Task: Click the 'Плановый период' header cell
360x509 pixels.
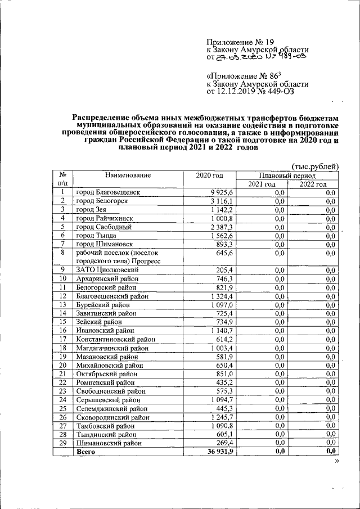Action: [x=287, y=175]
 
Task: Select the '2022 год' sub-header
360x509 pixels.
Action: [x=313, y=184]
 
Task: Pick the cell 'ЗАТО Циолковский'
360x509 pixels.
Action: [x=107, y=269]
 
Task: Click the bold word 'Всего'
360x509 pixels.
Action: [x=85, y=451]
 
